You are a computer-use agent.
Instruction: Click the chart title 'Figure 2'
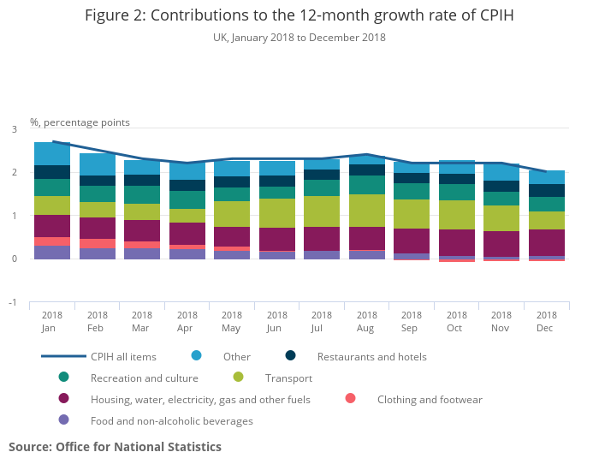tap(299, 15)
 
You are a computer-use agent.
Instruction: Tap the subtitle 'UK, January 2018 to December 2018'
tap(299, 38)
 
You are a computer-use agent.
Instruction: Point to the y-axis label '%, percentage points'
tap(80, 122)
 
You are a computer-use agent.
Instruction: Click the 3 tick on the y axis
tap(14, 129)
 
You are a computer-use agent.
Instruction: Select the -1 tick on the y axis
tap(12, 302)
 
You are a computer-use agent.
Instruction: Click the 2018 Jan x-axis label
tap(52, 322)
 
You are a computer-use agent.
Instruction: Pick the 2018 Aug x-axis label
tap(366, 322)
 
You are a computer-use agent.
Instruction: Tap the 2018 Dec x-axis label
tap(546, 322)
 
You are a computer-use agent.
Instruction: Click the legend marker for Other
tap(197, 356)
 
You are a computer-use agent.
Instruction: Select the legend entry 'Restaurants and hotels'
tap(371, 356)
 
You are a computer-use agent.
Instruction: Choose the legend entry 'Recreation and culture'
tap(143, 378)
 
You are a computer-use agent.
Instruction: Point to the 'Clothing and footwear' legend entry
tap(430, 399)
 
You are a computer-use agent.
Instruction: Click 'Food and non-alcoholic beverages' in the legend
tap(172, 420)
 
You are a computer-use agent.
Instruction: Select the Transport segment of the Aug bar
tap(366, 211)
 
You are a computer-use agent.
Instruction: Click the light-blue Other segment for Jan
tap(52, 154)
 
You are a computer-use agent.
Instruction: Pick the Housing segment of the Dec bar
tap(546, 242)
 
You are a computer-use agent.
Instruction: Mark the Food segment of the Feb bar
tap(98, 253)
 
